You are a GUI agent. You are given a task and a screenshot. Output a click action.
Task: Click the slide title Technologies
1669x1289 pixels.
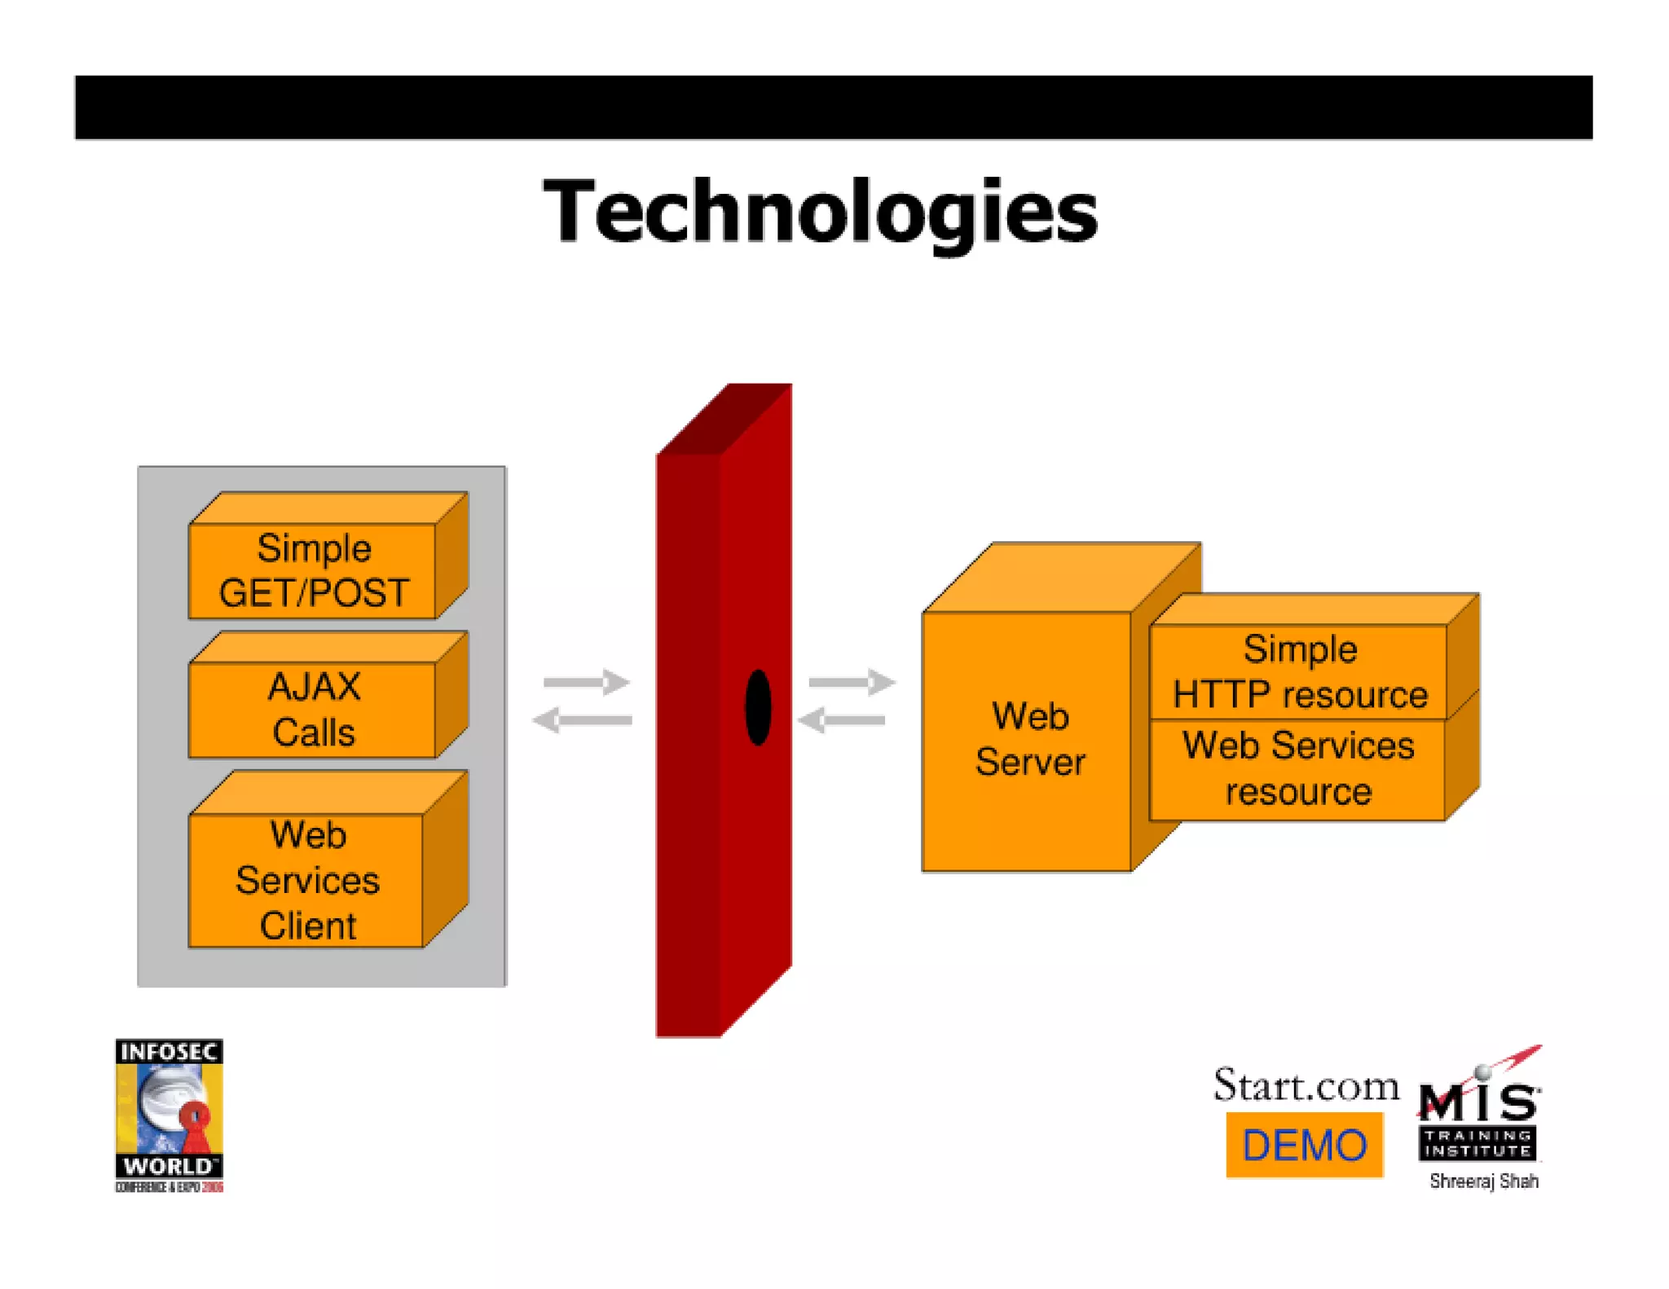coord(821,211)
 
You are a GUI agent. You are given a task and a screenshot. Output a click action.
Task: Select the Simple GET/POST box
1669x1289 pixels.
coord(314,570)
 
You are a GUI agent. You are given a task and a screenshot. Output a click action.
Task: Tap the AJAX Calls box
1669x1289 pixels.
coord(314,709)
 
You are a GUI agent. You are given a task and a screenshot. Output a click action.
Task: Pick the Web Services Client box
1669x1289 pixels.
coord(308,880)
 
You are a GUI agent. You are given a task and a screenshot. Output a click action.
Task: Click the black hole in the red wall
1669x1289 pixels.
coord(758,707)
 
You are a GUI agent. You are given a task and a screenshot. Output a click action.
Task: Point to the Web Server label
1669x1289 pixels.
coord(1029,739)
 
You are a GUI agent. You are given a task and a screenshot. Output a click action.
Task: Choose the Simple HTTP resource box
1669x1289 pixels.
coord(1299,671)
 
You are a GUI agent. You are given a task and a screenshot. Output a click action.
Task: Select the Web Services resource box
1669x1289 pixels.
coord(1297,768)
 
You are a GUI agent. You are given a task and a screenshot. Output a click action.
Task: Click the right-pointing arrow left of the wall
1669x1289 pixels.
coord(587,681)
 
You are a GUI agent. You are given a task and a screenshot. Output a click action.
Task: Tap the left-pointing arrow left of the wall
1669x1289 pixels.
coord(582,719)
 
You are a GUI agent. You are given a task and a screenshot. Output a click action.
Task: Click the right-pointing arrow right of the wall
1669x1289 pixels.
coord(852,681)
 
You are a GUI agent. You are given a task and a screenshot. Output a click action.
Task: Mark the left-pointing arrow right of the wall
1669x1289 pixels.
coord(841,719)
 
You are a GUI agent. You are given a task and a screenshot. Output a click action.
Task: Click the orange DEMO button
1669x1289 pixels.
coord(1304,1145)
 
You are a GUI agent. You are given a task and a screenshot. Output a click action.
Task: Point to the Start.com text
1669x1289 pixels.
coord(1306,1085)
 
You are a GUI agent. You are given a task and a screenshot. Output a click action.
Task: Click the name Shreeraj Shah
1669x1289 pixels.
coord(1483,1181)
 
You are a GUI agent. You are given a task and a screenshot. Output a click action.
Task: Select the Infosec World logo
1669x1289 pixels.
coord(169,1115)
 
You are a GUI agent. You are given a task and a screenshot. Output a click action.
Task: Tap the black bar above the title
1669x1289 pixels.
coord(833,108)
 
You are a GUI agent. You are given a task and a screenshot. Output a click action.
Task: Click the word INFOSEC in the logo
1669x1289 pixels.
coord(169,1052)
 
